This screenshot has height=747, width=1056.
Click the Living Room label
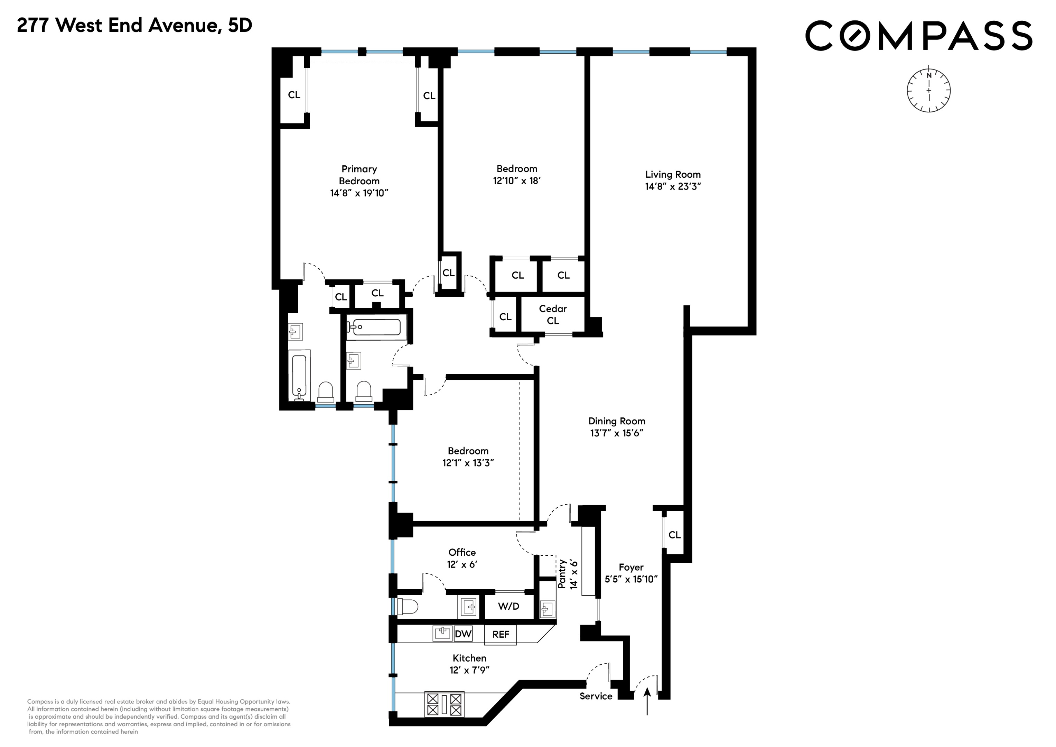pos(672,174)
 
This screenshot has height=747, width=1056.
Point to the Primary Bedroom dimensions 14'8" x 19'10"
pos(359,193)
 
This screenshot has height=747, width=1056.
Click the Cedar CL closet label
pos(552,314)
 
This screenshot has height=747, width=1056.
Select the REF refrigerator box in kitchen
pos(501,634)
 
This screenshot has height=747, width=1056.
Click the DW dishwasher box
pos(463,634)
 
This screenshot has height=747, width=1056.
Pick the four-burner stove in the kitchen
pos(444,704)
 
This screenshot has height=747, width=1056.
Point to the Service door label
pos(596,696)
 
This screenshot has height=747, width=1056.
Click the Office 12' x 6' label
pos(462,558)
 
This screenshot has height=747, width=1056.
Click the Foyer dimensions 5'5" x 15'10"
pos(631,579)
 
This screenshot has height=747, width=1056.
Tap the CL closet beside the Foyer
pos(674,534)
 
